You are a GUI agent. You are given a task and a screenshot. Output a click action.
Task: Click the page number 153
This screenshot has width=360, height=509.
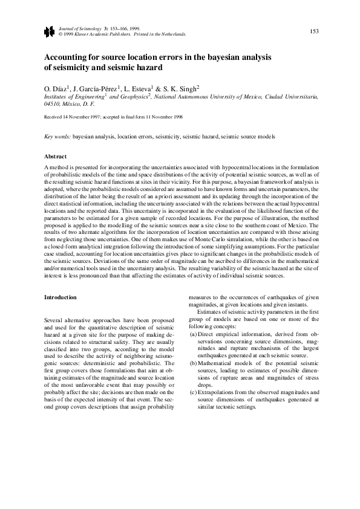pyautogui.click(x=315, y=31)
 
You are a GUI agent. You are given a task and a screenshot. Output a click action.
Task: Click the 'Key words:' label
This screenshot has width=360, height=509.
pyautogui.click(x=58, y=137)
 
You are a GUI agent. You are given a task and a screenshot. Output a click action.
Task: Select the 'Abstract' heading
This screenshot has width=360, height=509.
pyautogui.click(x=56, y=156)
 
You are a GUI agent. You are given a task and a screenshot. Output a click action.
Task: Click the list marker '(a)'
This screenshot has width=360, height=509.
pyautogui.click(x=193, y=334)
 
